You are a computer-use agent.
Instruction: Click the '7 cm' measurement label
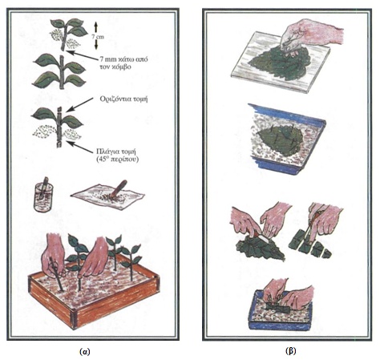tap(98, 37)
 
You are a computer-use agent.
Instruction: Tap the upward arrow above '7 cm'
tap(96, 27)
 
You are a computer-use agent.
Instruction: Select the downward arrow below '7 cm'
tap(96, 45)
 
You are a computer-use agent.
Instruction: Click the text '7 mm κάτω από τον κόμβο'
tap(123, 63)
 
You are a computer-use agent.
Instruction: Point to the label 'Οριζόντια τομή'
tap(123, 99)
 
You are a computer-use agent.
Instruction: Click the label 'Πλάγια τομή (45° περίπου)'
tap(117, 155)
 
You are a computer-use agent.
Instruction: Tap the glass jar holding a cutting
tap(43, 196)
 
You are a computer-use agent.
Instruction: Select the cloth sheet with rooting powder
tap(107, 196)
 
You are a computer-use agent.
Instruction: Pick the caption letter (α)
tap(85, 352)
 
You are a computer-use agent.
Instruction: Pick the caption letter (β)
tap(290, 351)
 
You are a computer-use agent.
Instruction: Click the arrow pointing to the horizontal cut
tap(79, 105)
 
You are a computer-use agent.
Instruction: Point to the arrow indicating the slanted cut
tap(80, 148)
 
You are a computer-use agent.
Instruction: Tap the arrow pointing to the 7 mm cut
tap(82, 55)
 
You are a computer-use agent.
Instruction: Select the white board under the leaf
tap(281, 62)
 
